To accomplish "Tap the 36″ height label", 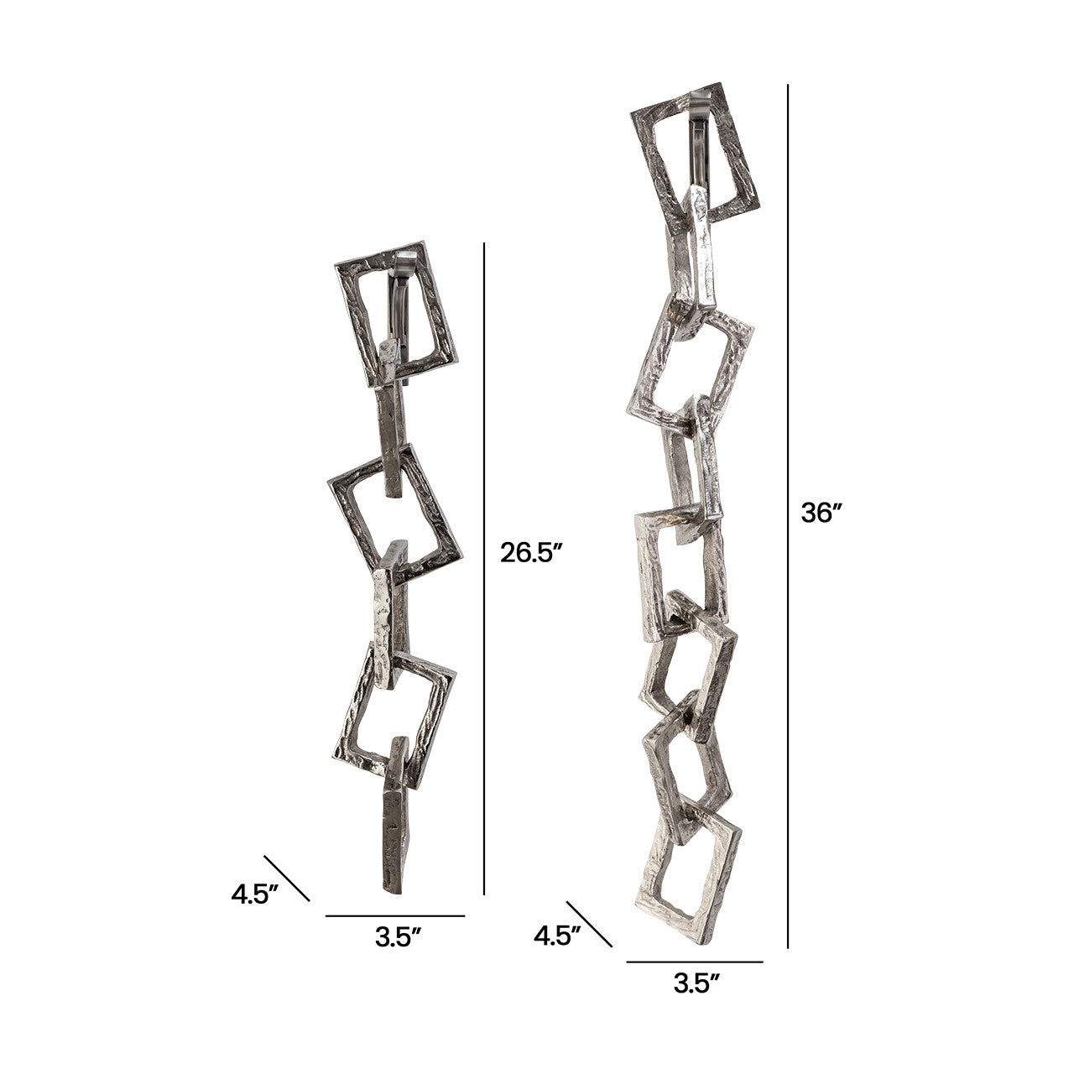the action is tap(821, 513).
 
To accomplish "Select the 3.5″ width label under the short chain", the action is tap(398, 937).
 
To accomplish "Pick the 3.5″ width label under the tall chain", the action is tap(696, 983).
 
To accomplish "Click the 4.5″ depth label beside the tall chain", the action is tap(557, 936).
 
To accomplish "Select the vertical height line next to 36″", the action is tap(788, 515).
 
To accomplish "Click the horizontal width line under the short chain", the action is tap(395, 915).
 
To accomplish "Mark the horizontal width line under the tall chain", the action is tap(695, 962).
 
